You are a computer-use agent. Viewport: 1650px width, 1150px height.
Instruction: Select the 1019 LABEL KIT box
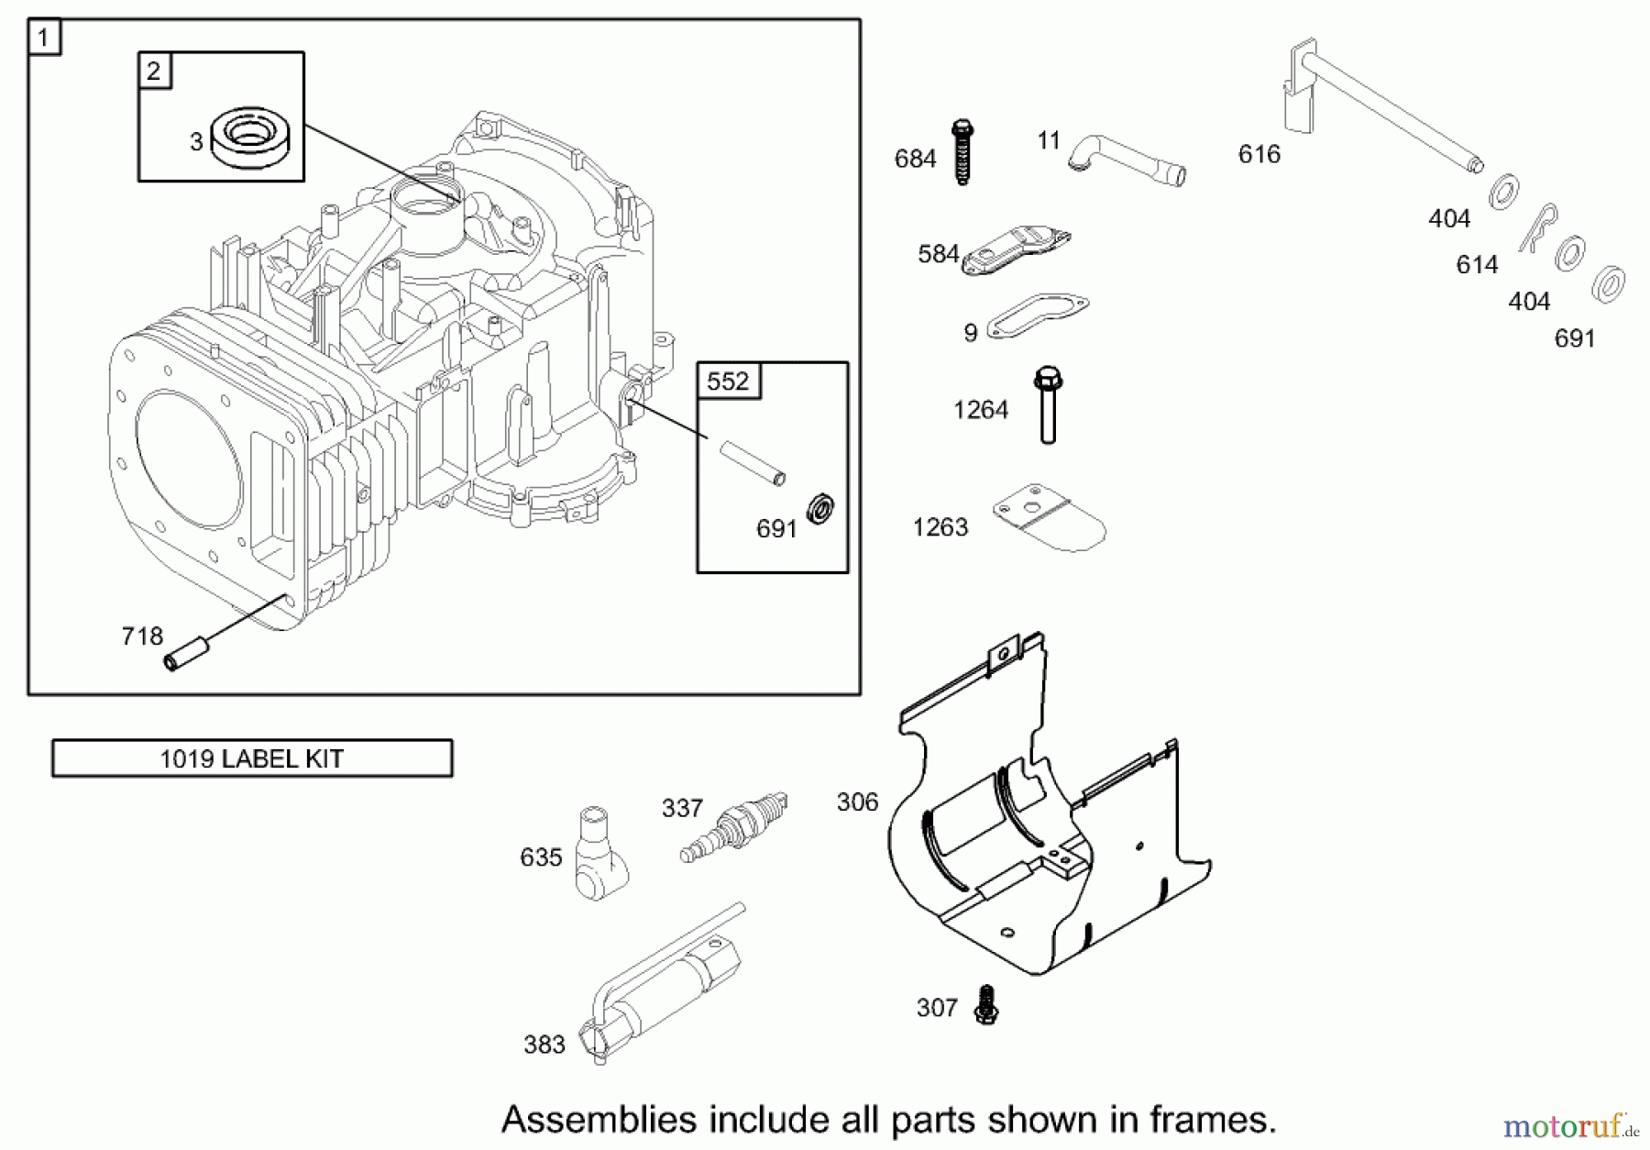click(252, 758)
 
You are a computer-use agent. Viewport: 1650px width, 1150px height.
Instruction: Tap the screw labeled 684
click(962, 152)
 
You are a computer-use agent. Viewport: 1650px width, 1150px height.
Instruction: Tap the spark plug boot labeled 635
click(599, 853)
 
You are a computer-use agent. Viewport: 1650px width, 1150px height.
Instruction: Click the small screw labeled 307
click(986, 1005)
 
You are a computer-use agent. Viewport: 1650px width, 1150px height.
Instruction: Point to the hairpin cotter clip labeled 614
click(1536, 229)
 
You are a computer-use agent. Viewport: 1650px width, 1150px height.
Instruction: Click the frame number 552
click(729, 381)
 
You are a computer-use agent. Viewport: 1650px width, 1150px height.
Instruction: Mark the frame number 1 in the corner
click(44, 39)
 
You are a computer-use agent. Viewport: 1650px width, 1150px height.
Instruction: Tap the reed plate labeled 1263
click(1050, 518)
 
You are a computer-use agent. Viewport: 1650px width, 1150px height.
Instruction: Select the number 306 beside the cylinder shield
click(857, 802)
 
